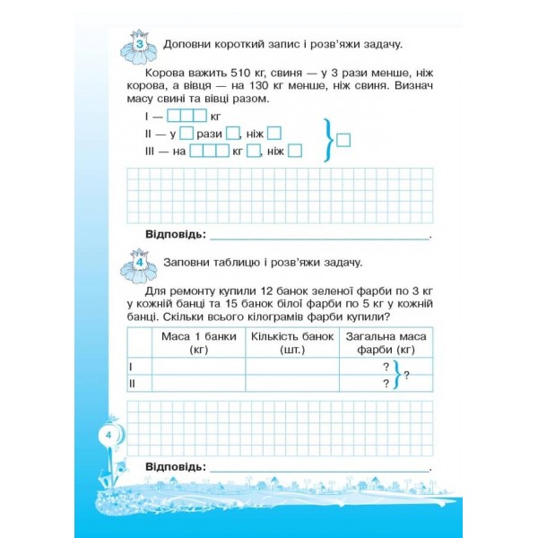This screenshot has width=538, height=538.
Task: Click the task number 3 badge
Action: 140,45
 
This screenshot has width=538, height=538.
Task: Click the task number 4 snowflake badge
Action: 140,262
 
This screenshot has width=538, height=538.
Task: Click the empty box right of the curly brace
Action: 345,139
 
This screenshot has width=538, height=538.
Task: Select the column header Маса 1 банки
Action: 198,343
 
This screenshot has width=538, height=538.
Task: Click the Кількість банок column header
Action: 292,343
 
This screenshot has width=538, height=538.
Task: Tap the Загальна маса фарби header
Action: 386,343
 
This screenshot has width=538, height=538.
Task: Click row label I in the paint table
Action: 132,367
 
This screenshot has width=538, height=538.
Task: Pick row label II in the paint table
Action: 133,383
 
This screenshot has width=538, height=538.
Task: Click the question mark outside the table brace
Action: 406,376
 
